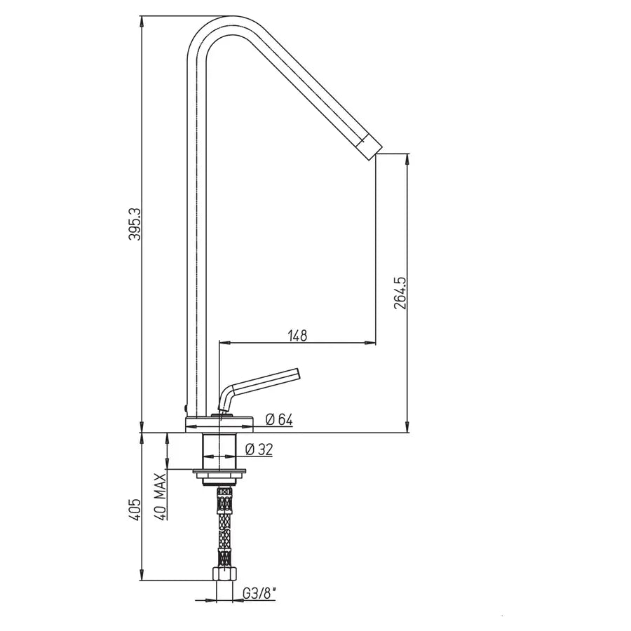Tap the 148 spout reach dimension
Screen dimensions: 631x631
click(x=298, y=335)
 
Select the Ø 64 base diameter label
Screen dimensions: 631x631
click(x=279, y=420)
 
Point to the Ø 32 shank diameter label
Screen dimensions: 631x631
click(x=259, y=449)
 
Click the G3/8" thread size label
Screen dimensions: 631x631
click(x=260, y=594)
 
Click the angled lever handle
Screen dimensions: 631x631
click(x=266, y=379)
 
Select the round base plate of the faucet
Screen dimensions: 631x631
click(x=219, y=423)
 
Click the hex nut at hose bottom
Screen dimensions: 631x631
click(x=224, y=574)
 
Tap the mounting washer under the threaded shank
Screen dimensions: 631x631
click(x=220, y=472)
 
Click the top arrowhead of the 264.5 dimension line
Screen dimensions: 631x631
click(x=407, y=159)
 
